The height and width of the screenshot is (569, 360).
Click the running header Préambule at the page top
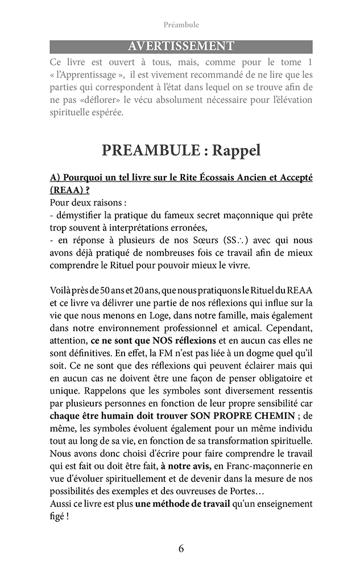pyautogui.click(x=181, y=24)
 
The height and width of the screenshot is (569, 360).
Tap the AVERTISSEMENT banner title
pyautogui.click(x=181, y=46)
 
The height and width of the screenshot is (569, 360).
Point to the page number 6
pyautogui.click(x=181, y=549)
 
